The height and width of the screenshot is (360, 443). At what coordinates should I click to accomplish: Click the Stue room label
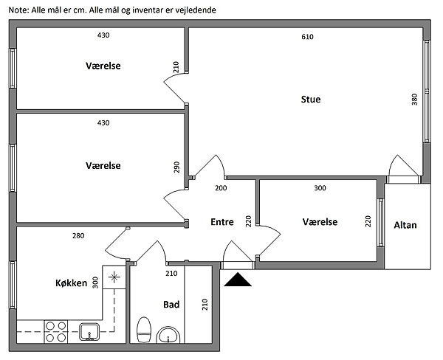point(311,99)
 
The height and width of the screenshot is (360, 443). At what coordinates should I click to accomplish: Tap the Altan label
point(405,225)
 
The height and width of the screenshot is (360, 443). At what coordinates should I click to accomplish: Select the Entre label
point(222,222)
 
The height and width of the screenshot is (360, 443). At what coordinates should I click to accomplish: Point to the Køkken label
point(71,283)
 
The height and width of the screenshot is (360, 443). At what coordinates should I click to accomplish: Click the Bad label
point(171,305)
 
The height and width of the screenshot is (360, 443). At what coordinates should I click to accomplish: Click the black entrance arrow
point(238,280)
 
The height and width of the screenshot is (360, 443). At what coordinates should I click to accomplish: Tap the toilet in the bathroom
point(144,330)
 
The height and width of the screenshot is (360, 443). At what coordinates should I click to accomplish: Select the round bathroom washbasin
point(168,335)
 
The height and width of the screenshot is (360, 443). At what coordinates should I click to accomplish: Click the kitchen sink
point(89,332)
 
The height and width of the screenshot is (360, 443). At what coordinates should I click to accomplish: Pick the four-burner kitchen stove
point(56,332)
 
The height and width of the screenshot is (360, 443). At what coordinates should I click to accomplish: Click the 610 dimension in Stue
point(307,37)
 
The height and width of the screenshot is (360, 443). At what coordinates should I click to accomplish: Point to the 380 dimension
point(414,100)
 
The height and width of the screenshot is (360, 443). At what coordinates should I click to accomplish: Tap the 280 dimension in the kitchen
point(78,235)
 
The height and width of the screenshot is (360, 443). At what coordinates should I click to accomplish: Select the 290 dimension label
point(176,167)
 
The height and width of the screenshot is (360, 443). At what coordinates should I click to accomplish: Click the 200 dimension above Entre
point(221,188)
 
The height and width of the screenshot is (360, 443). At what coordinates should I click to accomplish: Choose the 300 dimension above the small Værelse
point(320,188)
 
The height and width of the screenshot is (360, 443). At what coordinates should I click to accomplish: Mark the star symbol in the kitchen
point(114,277)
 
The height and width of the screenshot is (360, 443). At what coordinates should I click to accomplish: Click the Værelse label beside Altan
point(320,222)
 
